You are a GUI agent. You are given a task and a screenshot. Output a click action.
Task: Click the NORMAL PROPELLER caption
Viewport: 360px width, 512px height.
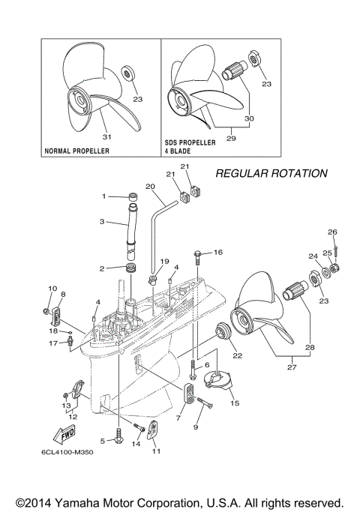[x=78, y=151]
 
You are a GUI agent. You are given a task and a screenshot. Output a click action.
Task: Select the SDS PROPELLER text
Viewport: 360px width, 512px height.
[x=190, y=142]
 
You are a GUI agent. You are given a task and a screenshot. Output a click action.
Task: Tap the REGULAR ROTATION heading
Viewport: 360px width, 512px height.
[x=271, y=173]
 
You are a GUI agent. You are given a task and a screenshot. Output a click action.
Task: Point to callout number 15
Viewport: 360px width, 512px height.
[x=235, y=403]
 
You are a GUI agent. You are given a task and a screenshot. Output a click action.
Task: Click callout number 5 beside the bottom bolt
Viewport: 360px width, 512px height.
[x=102, y=440]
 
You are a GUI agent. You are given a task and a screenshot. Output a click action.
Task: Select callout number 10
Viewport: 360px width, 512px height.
[x=52, y=288]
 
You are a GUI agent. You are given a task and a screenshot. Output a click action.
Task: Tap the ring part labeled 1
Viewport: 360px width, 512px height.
[x=131, y=197]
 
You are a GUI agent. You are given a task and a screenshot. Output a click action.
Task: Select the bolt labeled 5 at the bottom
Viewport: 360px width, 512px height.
[x=118, y=434]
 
